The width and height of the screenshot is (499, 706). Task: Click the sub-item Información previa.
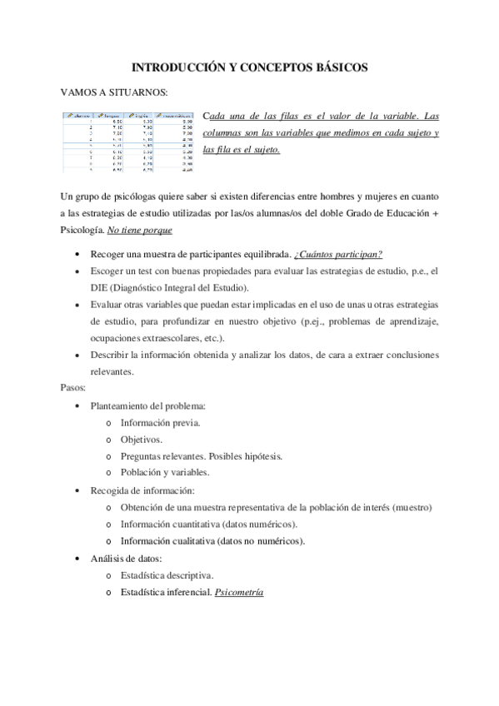pyautogui.click(x=160, y=422)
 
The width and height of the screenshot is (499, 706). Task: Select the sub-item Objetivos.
pyautogui.click(x=142, y=439)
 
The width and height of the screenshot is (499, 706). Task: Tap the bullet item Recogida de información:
pyautogui.click(x=142, y=490)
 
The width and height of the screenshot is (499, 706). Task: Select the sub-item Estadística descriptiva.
pyautogui.click(x=167, y=574)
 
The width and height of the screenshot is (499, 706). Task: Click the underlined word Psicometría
pyautogui.click(x=238, y=591)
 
